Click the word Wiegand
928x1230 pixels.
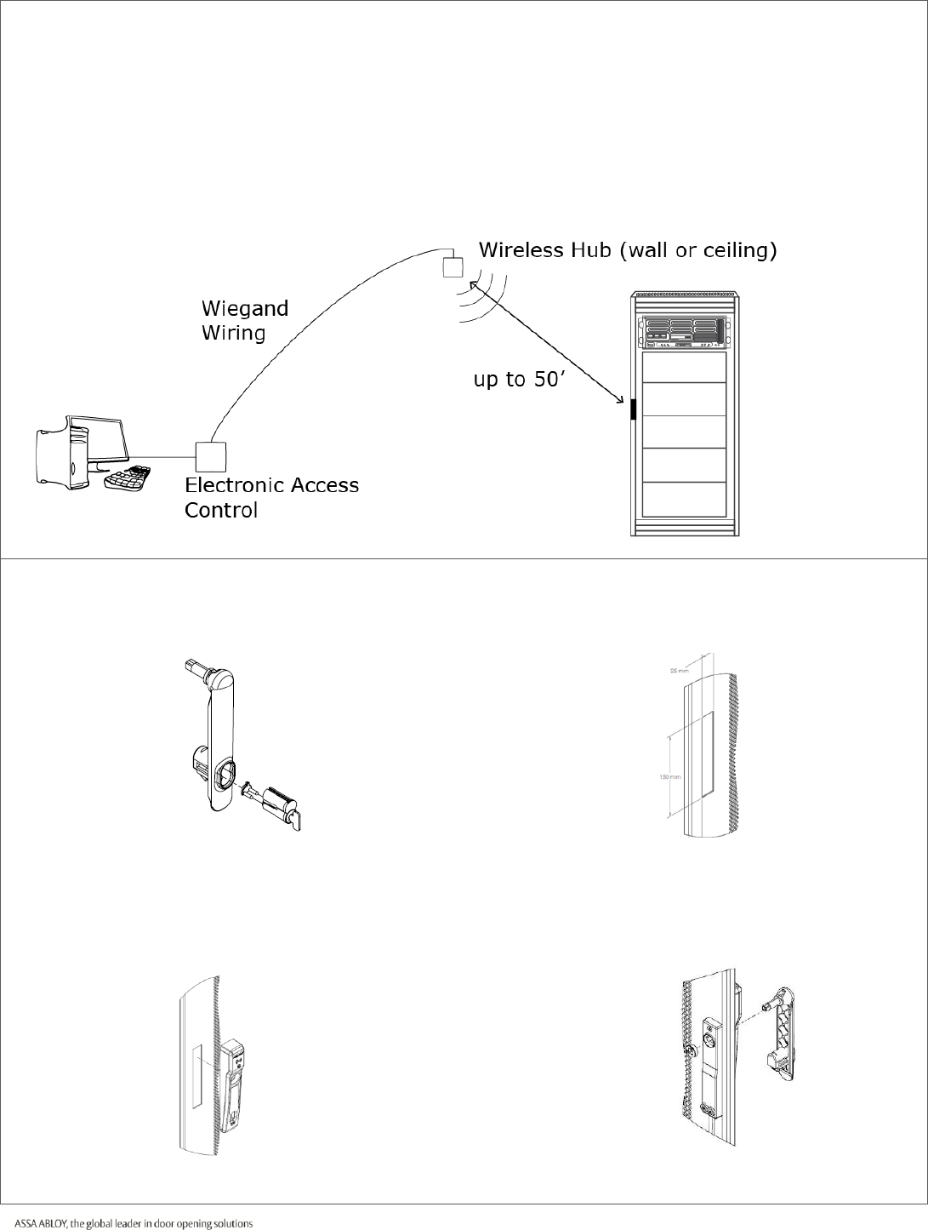[x=245, y=308]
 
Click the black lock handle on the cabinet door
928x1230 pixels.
[x=633, y=409]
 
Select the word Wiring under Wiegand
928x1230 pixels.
[x=233, y=332]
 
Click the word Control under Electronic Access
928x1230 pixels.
[x=221, y=511]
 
